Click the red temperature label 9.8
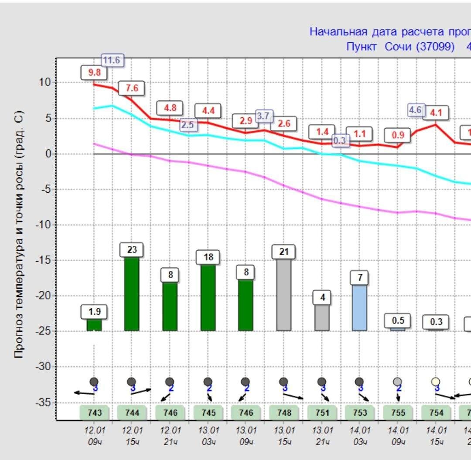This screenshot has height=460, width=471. [x=94, y=73]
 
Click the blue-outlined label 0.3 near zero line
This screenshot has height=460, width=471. [x=341, y=140]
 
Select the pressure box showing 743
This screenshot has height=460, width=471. [x=94, y=412]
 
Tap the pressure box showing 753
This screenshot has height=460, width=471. [x=360, y=412]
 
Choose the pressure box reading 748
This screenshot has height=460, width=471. [x=284, y=412]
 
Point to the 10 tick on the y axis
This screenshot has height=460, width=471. [x=45, y=82]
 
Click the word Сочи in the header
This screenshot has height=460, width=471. [x=398, y=47]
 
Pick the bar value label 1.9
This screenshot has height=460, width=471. [x=94, y=312]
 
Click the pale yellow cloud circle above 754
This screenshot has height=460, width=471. [x=436, y=382]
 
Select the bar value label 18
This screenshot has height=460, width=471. [x=208, y=257]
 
